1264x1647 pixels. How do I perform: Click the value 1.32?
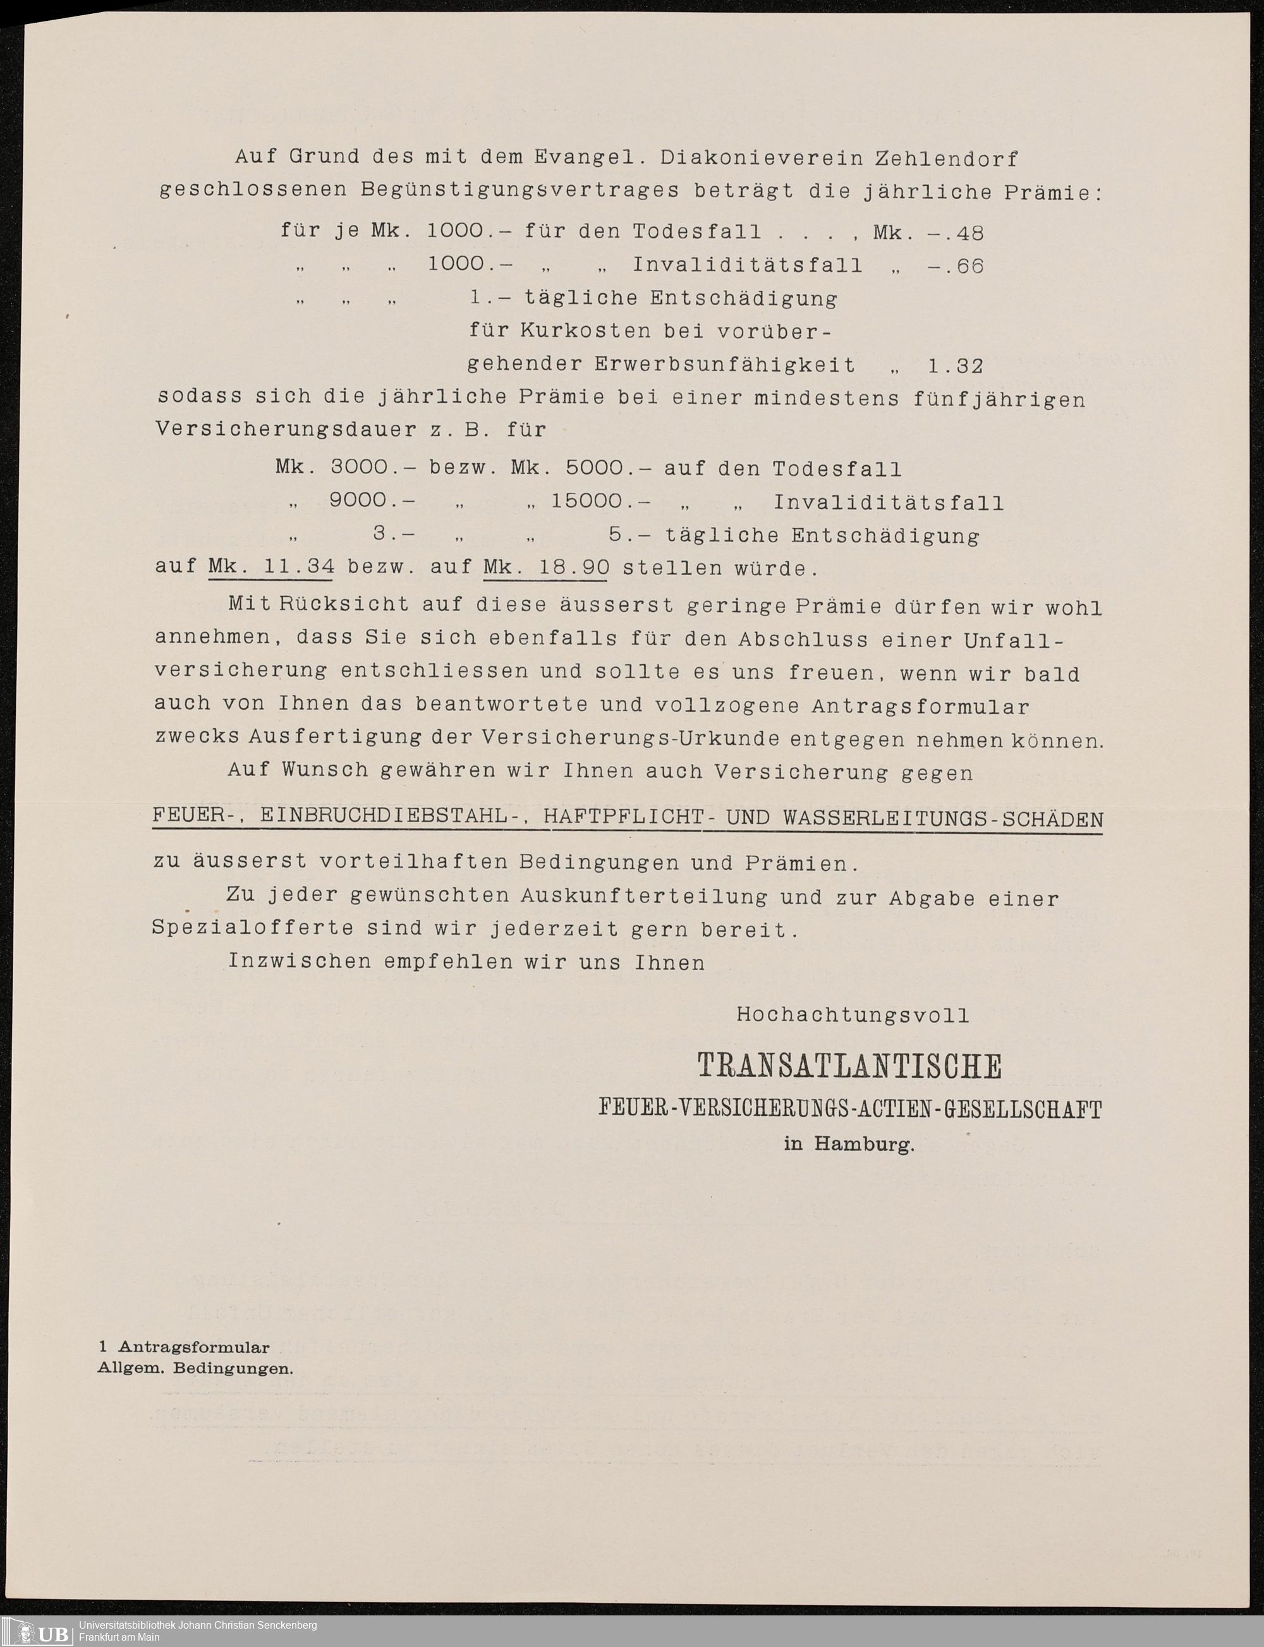pos(956,367)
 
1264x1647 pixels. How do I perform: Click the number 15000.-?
pos(600,501)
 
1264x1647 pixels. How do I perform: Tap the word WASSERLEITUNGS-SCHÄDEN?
pos(943,818)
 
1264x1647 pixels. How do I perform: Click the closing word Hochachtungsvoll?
pos(853,1015)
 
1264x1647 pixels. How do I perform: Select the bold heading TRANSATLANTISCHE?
pos(849,1066)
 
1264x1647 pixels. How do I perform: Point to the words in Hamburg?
pos(849,1145)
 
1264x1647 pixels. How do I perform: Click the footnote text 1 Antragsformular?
pos(185,1347)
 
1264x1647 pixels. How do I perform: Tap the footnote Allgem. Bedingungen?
pos(196,1369)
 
